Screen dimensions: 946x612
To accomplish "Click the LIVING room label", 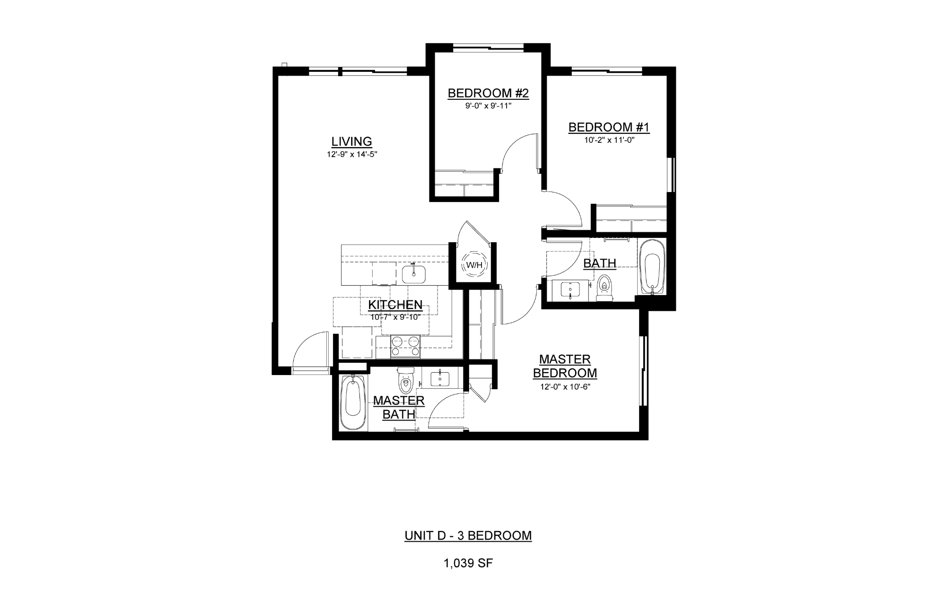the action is coord(351,141).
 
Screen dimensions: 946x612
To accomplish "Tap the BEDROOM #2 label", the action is coord(488,93).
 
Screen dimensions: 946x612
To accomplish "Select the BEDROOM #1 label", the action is coord(609,127).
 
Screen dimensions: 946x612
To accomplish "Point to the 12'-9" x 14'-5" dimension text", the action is coord(351,154).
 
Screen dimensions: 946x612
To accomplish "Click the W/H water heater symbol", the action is coord(474,265).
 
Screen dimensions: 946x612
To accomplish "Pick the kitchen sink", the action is coord(414,274).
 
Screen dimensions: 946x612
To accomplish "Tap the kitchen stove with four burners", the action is coord(405,347).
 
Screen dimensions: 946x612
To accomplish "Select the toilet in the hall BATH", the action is coord(604,289).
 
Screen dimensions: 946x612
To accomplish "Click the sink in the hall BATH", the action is coord(571,289).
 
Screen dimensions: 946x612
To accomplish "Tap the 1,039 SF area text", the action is coord(468,563).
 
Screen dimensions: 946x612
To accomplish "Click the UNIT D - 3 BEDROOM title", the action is coord(468,535).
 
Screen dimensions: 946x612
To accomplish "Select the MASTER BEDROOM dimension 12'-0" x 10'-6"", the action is coord(565,386).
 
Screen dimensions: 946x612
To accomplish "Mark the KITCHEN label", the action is coord(395,305).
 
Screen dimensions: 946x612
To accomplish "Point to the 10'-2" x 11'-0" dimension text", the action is coord(609,140).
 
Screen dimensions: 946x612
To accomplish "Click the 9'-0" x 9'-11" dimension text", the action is coord(488,106).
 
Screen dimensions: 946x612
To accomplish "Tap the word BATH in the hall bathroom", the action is coord(600,263).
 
